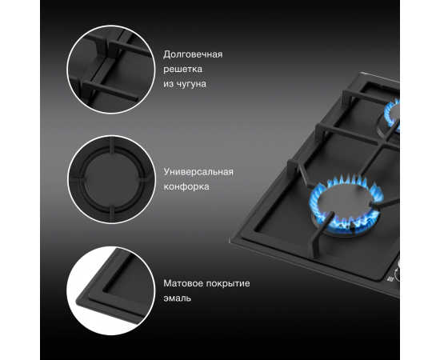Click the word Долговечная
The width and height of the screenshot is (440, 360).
click(x=193, y=54)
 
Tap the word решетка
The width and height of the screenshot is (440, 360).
click(x=182, y=69)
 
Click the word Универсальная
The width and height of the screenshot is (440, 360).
click(x=198, y=172)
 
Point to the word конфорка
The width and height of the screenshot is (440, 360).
click(x=186, y=186)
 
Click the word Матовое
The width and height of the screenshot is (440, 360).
click(x=182, y=283)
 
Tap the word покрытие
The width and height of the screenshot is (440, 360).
click(x=228, y=284)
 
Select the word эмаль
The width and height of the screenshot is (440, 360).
click(x=177, y=298)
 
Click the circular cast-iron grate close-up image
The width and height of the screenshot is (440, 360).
click(x=111, y=69)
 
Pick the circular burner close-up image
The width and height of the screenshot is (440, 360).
click(x=111, y=179)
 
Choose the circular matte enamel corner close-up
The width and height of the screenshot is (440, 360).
click(x=111, y=290)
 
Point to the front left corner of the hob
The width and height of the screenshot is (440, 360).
click(x=230, y=241)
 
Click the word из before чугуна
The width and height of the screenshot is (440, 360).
click(x=167, y=84)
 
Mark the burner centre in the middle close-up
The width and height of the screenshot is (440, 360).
click(x=111, y=179)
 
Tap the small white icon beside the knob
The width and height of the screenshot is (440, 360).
click(x=390, y=279)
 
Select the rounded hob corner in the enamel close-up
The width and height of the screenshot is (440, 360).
click(x=82, y=299)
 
